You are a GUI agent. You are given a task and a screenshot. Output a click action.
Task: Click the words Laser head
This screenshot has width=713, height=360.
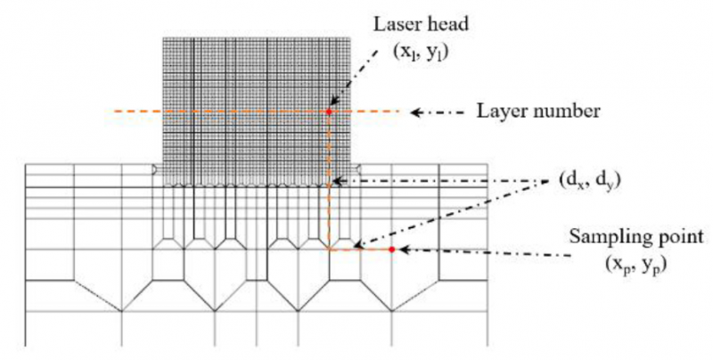(421, 24)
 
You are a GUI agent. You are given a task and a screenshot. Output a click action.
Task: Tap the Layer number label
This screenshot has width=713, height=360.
(538, 111)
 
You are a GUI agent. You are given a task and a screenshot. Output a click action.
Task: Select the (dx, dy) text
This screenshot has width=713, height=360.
(589, 181)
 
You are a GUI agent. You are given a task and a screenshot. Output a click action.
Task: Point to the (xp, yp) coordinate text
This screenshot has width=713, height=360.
(635, 264)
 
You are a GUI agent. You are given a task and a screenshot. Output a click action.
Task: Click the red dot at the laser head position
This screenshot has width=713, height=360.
(329, 111)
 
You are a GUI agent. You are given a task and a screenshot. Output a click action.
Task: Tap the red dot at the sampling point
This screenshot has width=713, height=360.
(391, 250)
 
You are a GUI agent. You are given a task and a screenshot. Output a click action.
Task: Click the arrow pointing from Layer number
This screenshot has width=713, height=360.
(438, 111)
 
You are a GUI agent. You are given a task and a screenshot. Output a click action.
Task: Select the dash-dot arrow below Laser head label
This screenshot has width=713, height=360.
(355, 76)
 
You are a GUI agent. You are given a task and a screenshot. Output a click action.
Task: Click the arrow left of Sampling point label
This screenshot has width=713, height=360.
(484, 253)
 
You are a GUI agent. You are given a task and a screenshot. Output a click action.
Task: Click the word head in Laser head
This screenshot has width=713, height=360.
(449, 24)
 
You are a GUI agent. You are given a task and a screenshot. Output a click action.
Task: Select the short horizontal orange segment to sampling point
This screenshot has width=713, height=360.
(360, 250)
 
